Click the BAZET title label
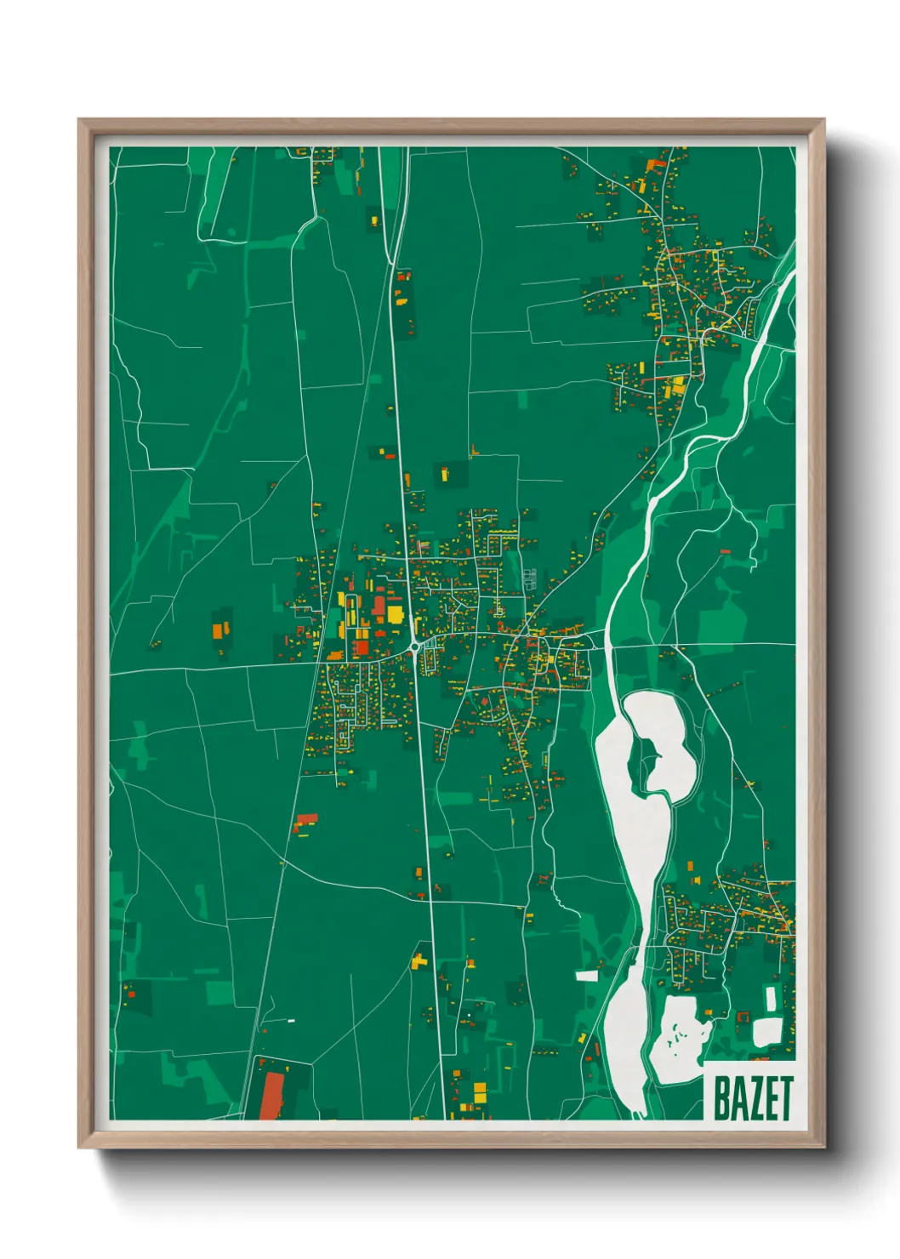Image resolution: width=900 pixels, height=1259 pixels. pyautogui.click(x=752, y=1098)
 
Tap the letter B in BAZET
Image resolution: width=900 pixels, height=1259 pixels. pyautogui.click(x=721, y=1098)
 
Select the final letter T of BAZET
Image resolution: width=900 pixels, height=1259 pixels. pyautogui.click(x=785, y=1098)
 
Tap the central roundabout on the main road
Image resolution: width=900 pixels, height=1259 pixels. pyautogui.click(x=414, y=647)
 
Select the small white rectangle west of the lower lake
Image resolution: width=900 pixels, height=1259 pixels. pyautogui.click(x=587, y=976)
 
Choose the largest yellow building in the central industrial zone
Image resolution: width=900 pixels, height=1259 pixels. pyautogui.click(x=395, y=614)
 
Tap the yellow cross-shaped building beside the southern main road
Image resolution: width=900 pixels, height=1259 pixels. pyautogui.click(x=419, y=961)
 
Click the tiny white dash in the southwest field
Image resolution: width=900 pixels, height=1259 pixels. pyautogui.click(x=291, y=1020)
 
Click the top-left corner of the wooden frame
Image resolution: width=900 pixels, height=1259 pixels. pyautogui.click(x=79, y=121)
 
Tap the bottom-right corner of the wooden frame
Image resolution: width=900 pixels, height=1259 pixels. pyautogui.click(x=823, y=1147)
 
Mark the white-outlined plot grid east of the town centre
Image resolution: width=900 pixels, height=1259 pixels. pyautogui.click(x=529, y=578)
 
